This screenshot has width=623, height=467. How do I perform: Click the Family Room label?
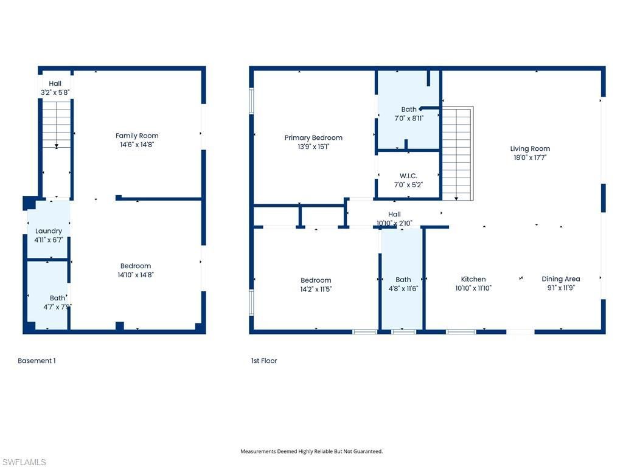point(137,136)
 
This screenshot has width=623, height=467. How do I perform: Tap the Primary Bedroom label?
point(313,138)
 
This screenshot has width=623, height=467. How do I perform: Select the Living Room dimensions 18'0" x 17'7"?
point(530,157)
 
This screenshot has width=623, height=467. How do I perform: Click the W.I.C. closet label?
point(408,176)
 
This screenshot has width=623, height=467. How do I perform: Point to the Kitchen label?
point(473,279)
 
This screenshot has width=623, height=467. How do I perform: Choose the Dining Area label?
point(560,279)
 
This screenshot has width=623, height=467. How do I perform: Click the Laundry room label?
point(49,231)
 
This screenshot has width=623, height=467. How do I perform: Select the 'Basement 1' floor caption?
point(37,361)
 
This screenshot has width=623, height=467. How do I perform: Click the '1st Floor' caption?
point(264,361)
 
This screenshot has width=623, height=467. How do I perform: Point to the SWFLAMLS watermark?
point(24,462)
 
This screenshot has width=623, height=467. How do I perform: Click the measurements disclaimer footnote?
point(311,451)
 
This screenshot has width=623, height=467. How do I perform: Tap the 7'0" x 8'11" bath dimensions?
point(409,119)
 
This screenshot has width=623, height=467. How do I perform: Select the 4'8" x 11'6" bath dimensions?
point(403,289)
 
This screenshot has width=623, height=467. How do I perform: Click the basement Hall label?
point(55,83)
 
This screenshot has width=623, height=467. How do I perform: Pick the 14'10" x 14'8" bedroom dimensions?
point(136,275)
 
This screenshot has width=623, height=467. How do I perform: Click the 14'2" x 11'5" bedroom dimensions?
point(316,289)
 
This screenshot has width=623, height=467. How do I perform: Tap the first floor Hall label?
point(394,214)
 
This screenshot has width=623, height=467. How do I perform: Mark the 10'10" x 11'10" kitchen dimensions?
point(473,288)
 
